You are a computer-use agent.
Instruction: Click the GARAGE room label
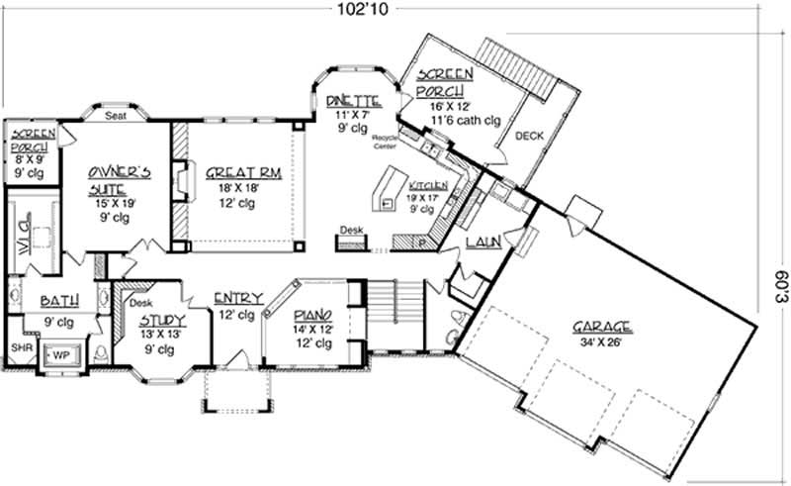point(602,328)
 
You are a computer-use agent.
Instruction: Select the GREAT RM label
point(244,172)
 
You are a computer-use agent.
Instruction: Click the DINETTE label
point(354,100)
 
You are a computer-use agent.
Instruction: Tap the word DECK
point(530,137)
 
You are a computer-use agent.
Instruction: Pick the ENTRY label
point(238,298)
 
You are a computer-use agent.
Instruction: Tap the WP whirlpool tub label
point(59,353)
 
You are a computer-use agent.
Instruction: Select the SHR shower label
point(20,348)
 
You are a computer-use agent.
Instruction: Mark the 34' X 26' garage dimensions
point(602,344)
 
